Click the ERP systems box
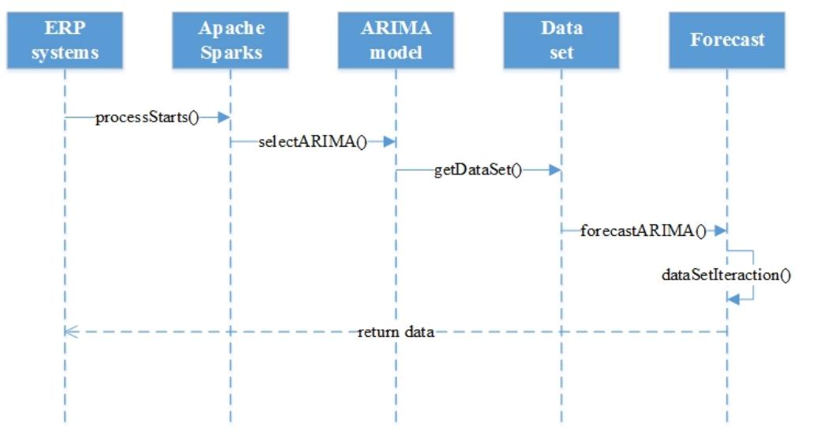point(65,41)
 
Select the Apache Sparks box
point(231,41)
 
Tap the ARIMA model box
point(396,41)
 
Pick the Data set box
point(562,41)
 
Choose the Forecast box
point(727,41)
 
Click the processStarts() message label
point(147,118)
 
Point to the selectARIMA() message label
point(313,143)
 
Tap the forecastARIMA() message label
point(643,231)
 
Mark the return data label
point(396,332)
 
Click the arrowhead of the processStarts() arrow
point(223,118)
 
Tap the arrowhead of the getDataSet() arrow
point(555,169)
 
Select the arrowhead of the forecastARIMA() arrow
point(720,231)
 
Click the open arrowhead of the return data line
point(69,332)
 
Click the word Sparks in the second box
point(231,54)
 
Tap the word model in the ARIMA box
point(396,54)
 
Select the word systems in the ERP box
point(65,54)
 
